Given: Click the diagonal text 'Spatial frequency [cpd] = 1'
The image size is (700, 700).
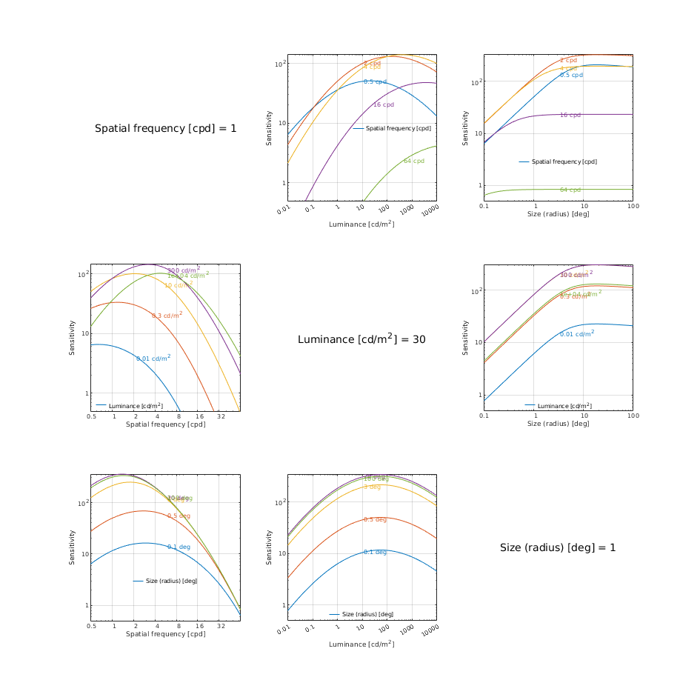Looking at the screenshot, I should (x=166, y=129).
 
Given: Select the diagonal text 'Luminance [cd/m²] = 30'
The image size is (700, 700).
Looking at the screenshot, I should (x=361, y=339).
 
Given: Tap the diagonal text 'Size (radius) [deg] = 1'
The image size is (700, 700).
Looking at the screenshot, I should (x=558, y=547).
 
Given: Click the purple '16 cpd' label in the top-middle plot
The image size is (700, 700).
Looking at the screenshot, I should (x=383, y=104).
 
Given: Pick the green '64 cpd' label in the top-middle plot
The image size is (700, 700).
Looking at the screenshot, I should (x=414, y=161).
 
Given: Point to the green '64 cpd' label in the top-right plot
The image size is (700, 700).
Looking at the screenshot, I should (x=570, y=190).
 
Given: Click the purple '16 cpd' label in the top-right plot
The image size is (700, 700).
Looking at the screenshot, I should (x=570, y=115).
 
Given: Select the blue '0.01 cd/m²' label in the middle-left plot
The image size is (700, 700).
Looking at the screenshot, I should (x=153, y=358).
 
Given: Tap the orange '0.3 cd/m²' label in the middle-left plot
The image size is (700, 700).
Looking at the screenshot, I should (x=167, y=315).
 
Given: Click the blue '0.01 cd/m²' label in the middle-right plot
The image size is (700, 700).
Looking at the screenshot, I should (x=577, y=333).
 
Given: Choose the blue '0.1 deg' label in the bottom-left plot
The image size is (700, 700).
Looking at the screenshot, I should (x=179, y=547).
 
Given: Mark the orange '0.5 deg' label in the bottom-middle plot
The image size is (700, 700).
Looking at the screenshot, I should (x=375, y=519).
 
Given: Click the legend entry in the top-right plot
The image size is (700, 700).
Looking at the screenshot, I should (x=558, y=161).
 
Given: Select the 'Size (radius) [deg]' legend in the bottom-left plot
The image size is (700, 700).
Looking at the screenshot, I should (x=165, y=581).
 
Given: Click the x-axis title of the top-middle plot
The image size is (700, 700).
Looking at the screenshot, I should (x=361, y=224).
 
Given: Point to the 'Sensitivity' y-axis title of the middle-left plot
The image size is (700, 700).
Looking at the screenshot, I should (x=73, y=337).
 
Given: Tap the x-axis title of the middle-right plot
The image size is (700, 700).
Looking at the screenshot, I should (x=558, y=424).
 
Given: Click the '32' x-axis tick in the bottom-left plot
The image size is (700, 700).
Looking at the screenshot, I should (x=221, y=626).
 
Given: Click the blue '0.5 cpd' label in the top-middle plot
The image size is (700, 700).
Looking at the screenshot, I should (x=375, y=81).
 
